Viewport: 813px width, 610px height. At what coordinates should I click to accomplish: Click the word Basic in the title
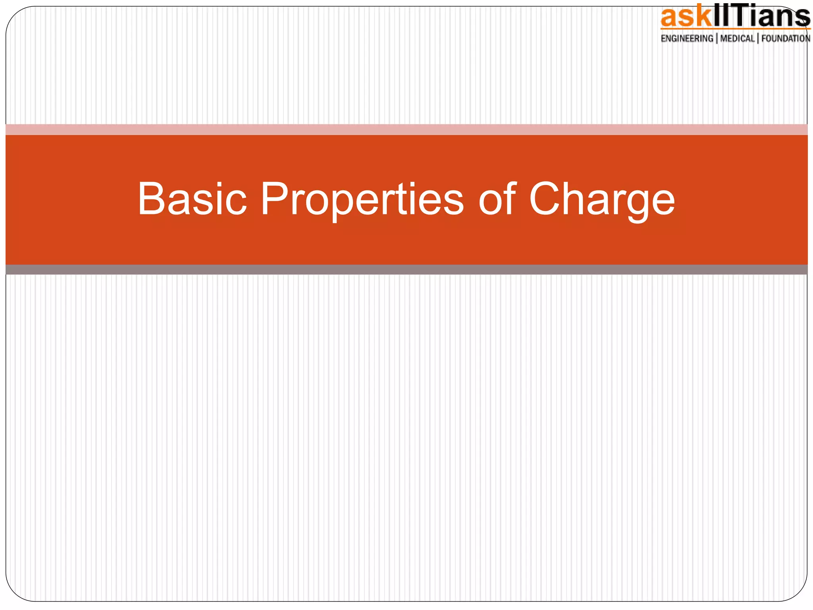(192, 199)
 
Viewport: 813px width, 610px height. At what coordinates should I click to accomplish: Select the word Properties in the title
(362, 199)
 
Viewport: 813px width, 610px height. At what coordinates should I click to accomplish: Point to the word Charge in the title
(602, 199)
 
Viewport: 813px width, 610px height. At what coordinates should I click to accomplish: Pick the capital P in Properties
(275, 199)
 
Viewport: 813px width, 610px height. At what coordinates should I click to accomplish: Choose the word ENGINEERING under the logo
(687, 39)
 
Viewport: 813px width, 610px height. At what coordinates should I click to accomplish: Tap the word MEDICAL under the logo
(737, 39)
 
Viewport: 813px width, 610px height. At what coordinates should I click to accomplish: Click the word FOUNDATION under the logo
(786, 39)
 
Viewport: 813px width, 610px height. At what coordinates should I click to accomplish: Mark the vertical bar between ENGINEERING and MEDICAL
(717, 39)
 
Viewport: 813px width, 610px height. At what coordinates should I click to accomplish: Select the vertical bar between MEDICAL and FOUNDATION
(758, 39)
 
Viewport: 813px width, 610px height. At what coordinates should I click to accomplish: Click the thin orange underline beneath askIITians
(734, 29)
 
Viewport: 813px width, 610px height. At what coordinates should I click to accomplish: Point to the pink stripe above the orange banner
(406, 129)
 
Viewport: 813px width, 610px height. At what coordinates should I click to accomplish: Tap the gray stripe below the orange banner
(406, 270)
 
